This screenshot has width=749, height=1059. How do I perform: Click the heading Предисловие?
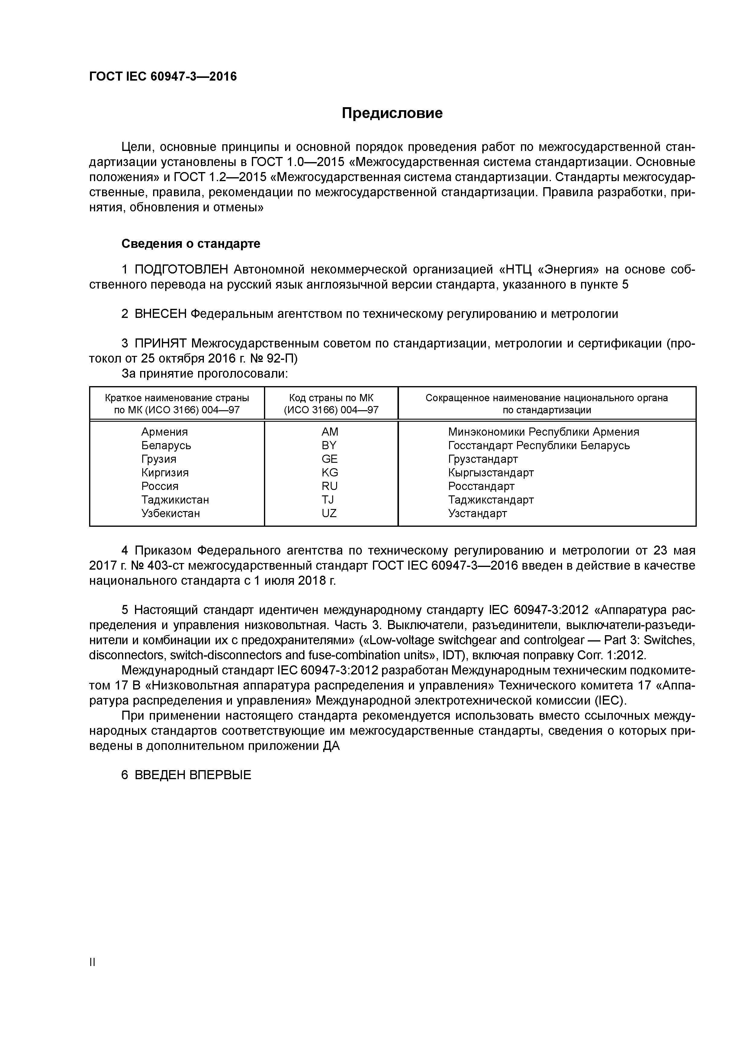pos(392,113)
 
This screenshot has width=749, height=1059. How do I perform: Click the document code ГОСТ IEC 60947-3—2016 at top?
pos(163,77)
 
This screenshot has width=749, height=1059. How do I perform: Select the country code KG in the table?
pos(330,472)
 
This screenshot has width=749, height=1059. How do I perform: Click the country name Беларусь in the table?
pos(166,446)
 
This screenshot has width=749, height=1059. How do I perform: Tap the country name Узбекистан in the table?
pos(171,514)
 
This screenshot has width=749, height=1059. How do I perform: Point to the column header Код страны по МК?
pos(331,398)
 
